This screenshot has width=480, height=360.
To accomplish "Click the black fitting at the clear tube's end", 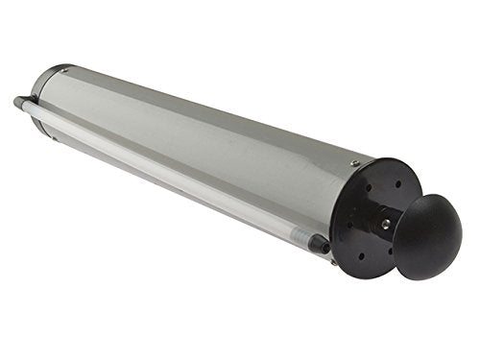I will pos(321,245).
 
